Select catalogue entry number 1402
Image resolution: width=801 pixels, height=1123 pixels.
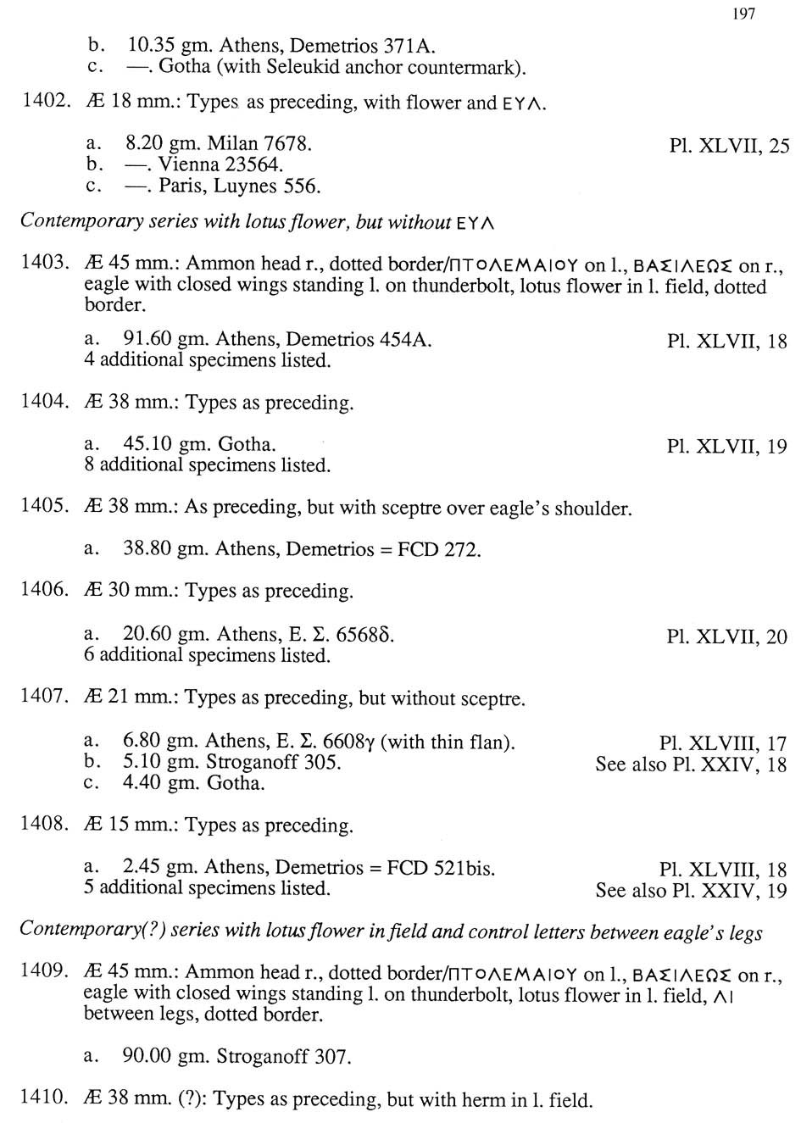(44, 101)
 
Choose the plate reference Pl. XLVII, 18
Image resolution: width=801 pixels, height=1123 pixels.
(726, 342)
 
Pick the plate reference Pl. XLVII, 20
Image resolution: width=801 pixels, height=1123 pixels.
(726, 637)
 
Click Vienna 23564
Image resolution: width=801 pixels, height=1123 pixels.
(220, 164)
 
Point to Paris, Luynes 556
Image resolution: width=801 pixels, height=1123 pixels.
(239, 186)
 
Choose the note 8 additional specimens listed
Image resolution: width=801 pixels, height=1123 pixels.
(207, 464)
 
